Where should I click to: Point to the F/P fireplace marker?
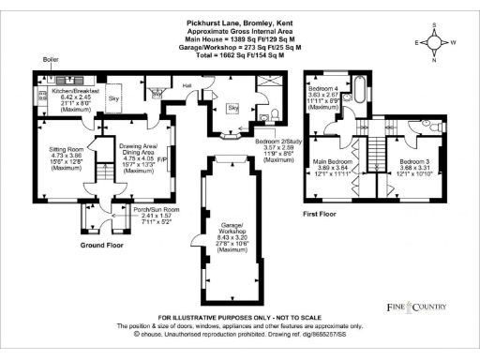[161, 159]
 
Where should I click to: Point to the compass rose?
[439, 42]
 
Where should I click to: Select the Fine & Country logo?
[418, 307]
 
